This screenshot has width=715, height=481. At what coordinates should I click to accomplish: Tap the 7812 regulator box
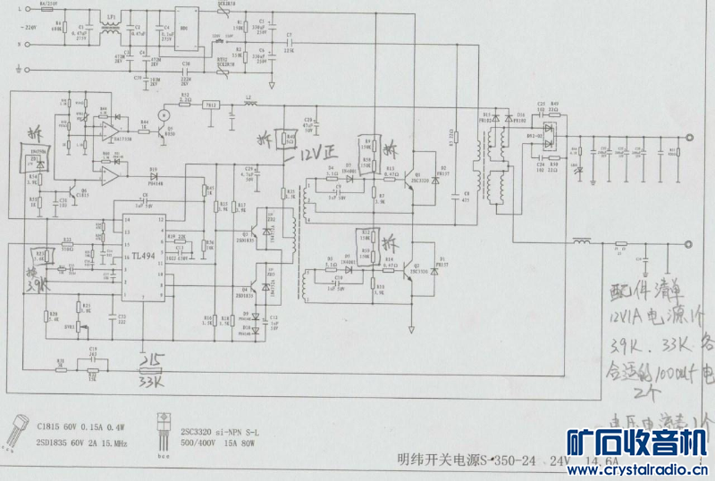click(x=211, y=104)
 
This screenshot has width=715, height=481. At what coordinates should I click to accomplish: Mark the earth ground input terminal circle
click(x=16, y=57)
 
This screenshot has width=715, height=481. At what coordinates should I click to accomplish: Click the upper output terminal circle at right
click(x=689, y=137)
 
